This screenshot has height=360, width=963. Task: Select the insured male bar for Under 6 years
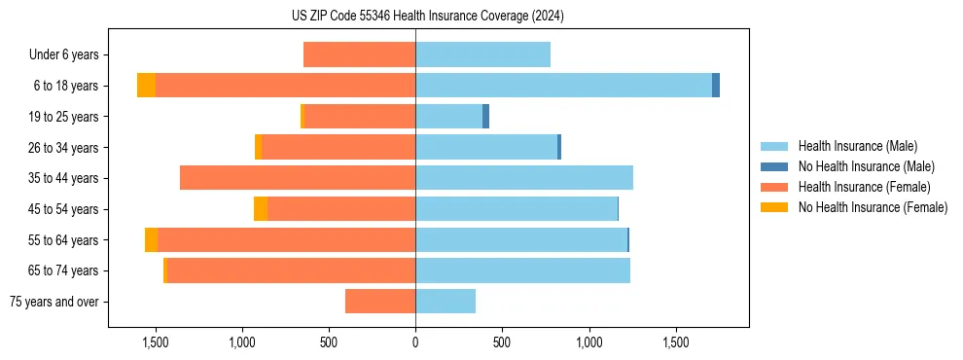pyautogui.click(x=482, y=54)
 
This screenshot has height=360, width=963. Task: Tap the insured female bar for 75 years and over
pyautogui.click(x=380, y=302)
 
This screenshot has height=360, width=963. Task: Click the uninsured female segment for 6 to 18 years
pyautogui.click(x=146, y=86)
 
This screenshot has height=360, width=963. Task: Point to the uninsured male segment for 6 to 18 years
pyautogui.click(x=716, y=86)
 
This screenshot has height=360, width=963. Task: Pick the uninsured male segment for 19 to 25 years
pyautogui.click(x=485, y=117)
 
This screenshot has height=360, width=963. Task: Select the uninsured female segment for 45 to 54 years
pyautogui.click(x=261, y=209)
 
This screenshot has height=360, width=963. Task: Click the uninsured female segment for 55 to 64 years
pyautogui.click(x=151, y=240)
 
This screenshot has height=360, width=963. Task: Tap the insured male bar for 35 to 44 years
pyautogui.click(x=524, y=178)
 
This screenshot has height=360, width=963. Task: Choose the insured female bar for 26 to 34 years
pyautogui.click(x=339, y=147)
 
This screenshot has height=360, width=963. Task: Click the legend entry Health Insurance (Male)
pyautogui.click(x=856, y=146)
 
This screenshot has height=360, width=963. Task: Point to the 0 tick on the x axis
pyautogui.click(x=415, y=342)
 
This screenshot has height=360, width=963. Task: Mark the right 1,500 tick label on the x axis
pyautogui.click(x=676, y=342)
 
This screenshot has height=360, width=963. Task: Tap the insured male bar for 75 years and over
pyautogui.click(x=446, y=302)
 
